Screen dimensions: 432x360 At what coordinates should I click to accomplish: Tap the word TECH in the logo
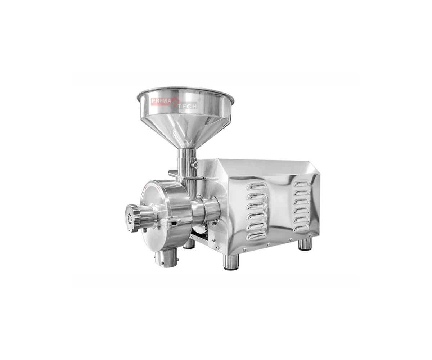188,106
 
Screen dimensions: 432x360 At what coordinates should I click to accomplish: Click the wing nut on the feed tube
194,165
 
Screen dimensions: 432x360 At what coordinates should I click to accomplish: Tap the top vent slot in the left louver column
256,186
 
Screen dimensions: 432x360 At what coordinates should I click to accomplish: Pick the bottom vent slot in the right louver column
301,228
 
